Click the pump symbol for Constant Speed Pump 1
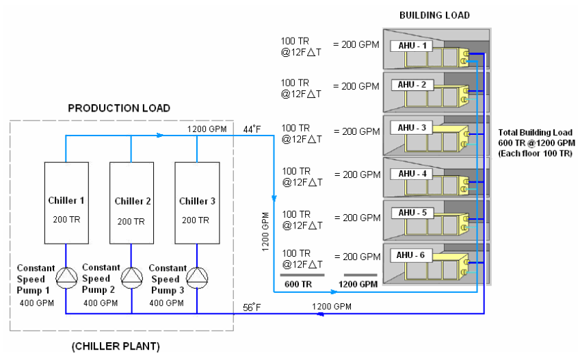point(66,276)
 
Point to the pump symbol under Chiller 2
point(131,276)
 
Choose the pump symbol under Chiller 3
point(197,276)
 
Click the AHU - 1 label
point(412,46)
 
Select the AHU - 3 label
point(412,128)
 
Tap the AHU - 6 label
point(412,255)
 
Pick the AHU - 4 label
point(412,174)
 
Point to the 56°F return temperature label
point(252,307)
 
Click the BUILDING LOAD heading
point(434,15)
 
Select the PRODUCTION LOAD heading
point(119,108)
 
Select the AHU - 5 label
point(412,212)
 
